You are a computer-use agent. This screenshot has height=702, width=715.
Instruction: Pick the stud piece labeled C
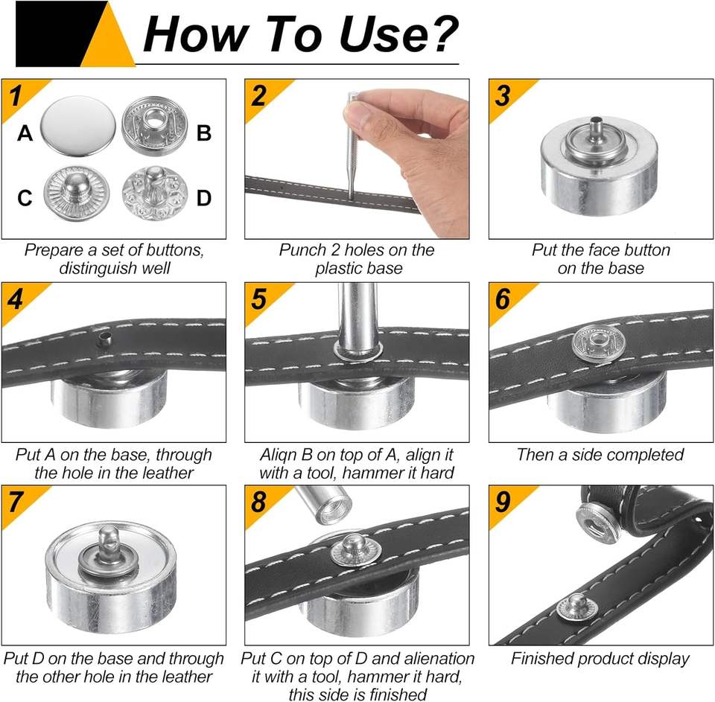click(x=77, y=194)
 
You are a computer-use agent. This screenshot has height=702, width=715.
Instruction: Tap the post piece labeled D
click(x=155, y=193)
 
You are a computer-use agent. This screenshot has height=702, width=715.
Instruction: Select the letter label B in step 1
click(x=204, y=133)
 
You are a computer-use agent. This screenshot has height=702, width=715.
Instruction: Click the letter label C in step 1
click(x=25, y=198)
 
